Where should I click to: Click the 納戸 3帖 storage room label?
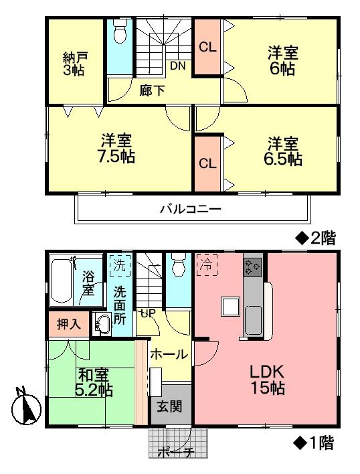coord(74,62)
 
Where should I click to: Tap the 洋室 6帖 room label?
coord(283,60)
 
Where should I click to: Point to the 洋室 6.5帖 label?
coord(284,151)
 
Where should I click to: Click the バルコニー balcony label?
coord(190,209)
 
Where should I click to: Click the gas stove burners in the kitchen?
coord(253,267)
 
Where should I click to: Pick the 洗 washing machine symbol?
coord(118,264)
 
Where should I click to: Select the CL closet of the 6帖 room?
coord(207,48)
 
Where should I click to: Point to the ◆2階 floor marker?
coord(314,238)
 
